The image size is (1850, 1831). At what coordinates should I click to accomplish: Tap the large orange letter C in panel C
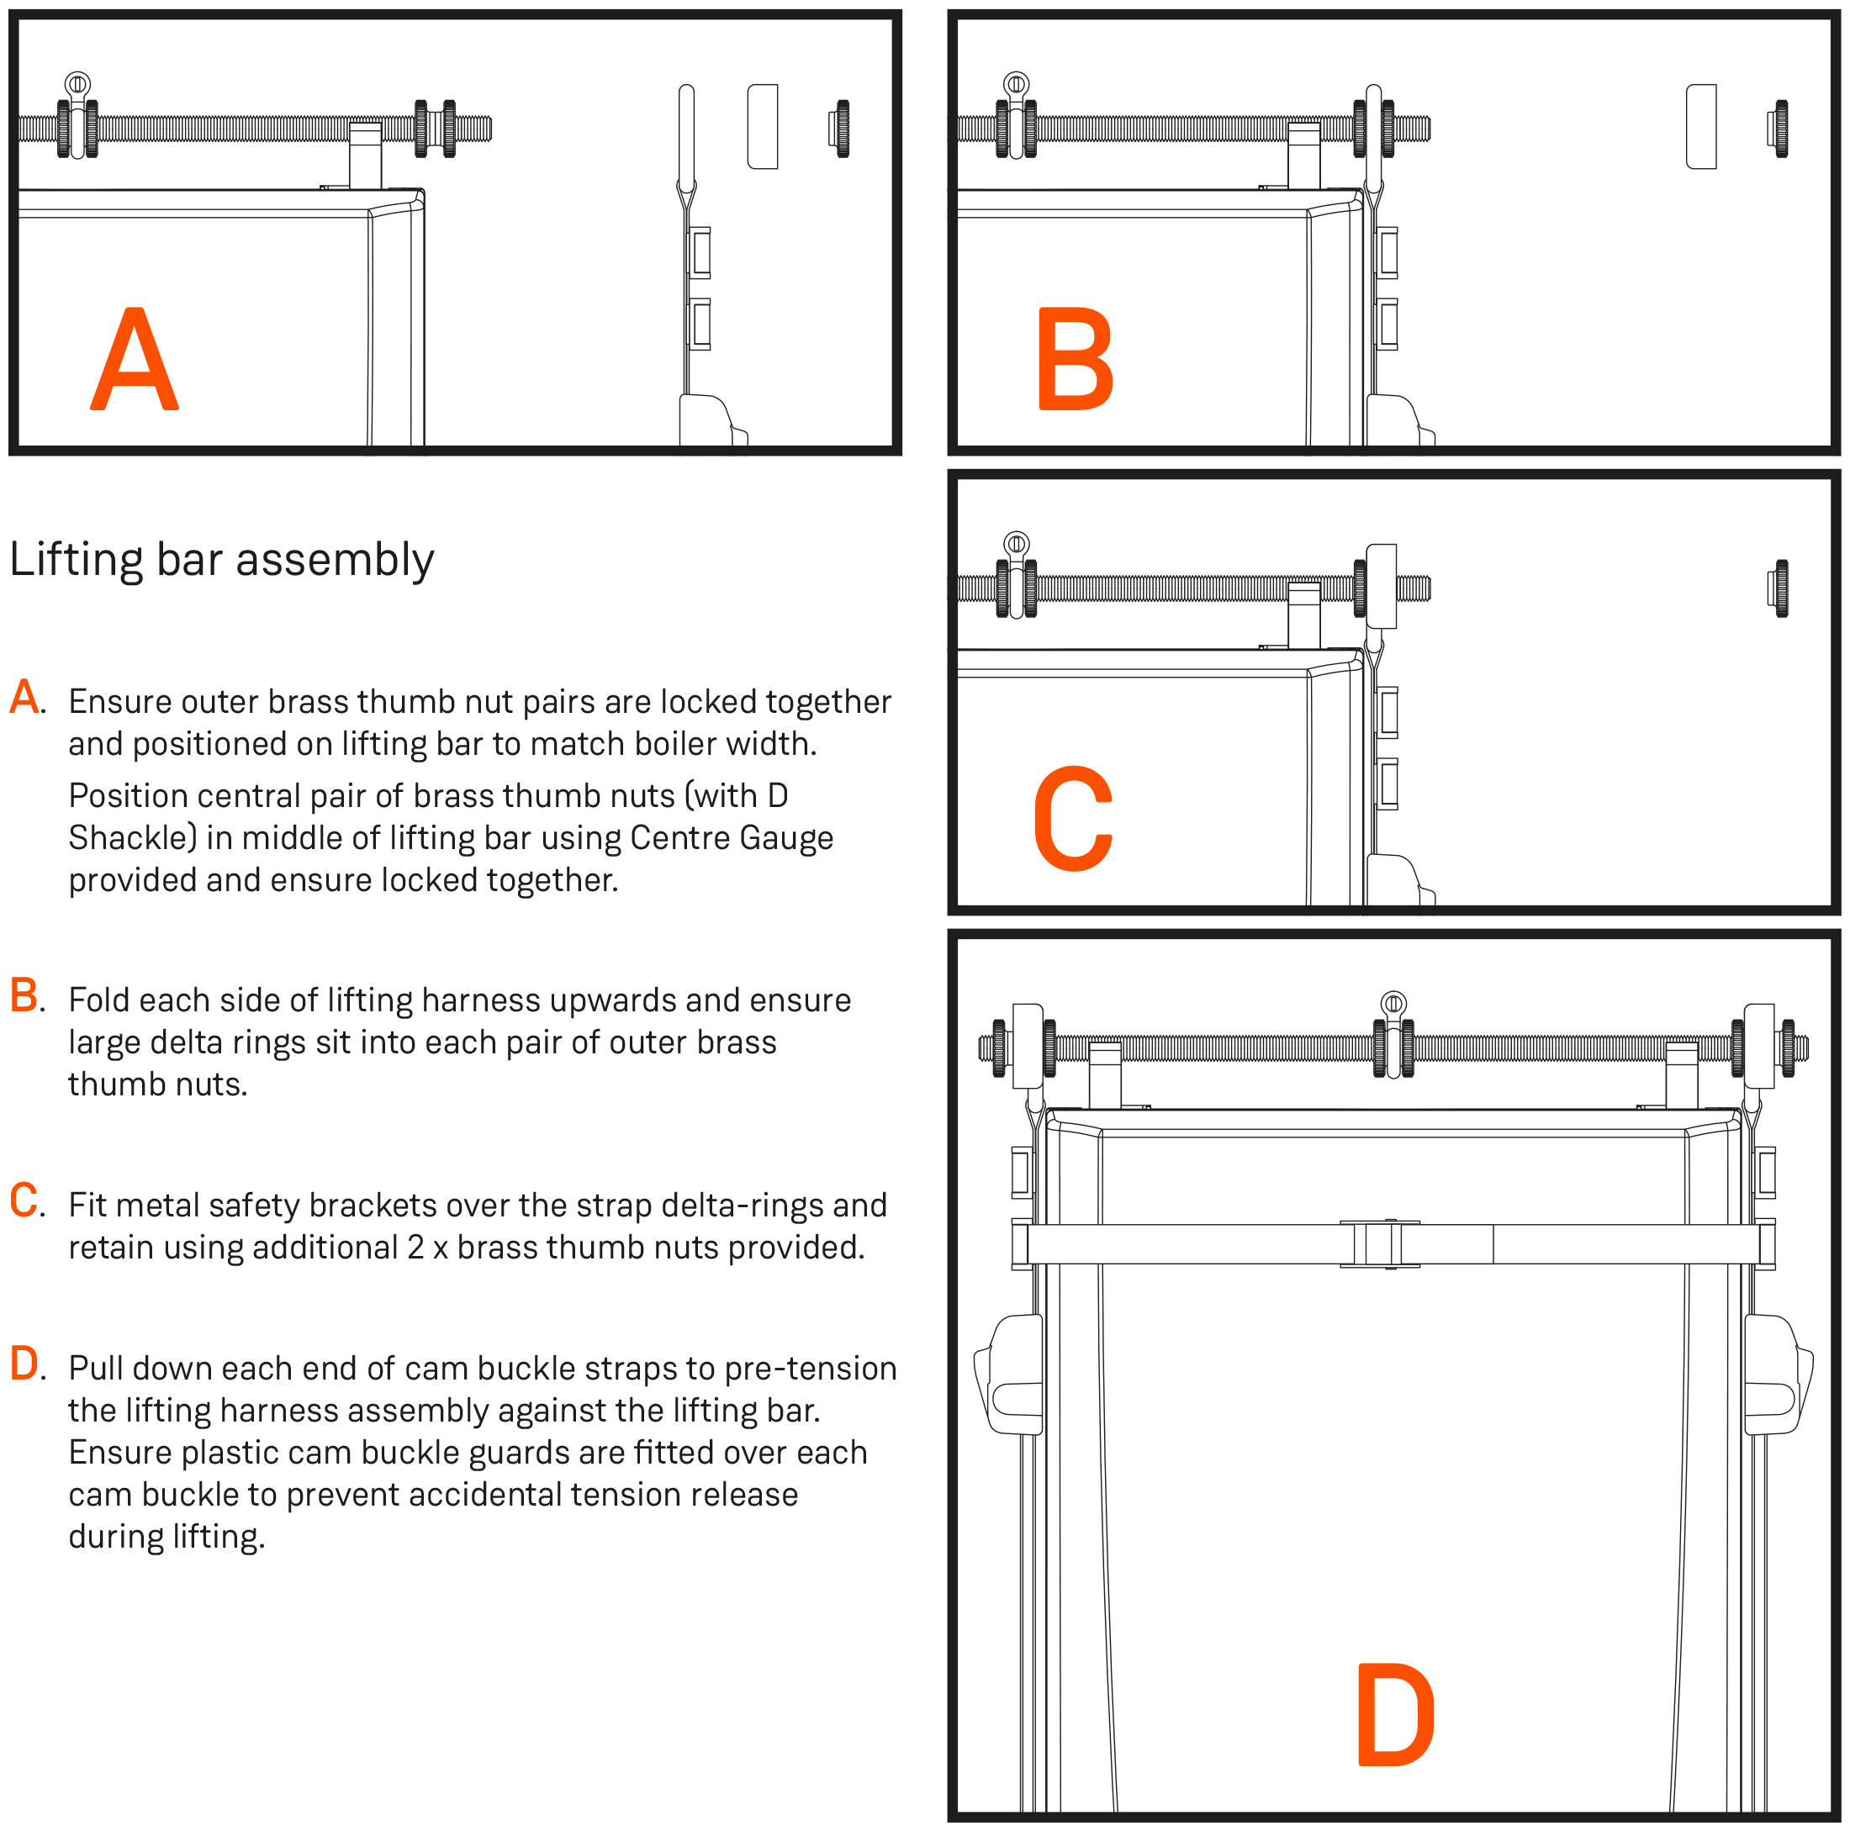coord(1072,820)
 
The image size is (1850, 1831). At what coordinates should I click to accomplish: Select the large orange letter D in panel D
coord(1395,1715)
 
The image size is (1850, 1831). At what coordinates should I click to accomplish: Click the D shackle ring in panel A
coord(77,85)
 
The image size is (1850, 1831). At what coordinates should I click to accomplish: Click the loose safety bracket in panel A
coord(762,126)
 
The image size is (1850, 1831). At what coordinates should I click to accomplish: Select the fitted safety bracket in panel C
coord(1381,586)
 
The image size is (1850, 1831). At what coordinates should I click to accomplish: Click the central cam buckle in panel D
coord(1379,1244)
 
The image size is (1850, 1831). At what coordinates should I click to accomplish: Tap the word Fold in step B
coord(99,1000)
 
